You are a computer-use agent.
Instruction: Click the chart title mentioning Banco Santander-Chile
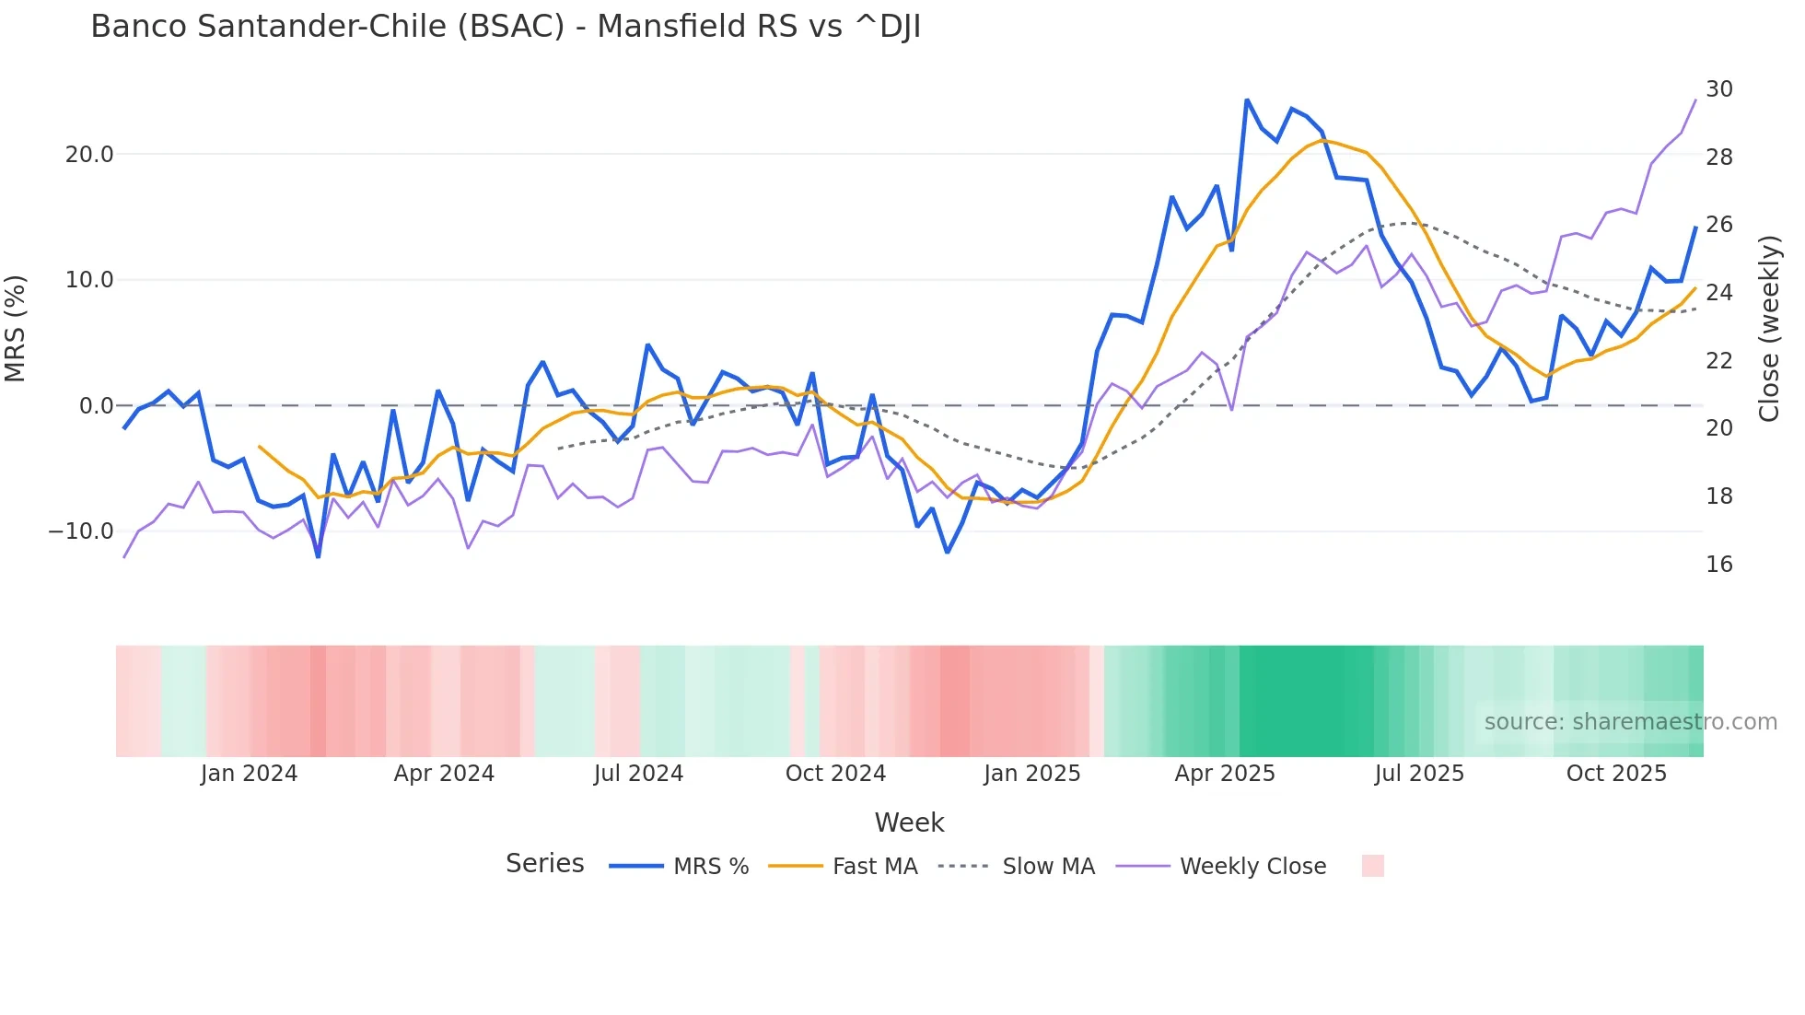tap(506, 27)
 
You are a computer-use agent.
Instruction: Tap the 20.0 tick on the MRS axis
tap(89, 155)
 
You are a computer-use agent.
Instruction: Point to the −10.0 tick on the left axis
tap(81, 531)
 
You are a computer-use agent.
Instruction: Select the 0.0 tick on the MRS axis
tap(96, 406)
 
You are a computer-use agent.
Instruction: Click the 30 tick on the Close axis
tap(1718, 89)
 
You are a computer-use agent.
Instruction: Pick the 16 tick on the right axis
tap(1718, 565)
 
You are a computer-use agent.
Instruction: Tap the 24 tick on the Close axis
tap(1718, 293)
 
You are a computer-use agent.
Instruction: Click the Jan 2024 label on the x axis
tap(249, 774)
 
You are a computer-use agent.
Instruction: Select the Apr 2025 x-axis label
tap(1224, 774)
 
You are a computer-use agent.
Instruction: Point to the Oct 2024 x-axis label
tap(835, 774)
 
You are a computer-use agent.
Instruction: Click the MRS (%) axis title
tap(16, 328)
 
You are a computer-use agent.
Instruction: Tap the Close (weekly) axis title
tap(1768, 329)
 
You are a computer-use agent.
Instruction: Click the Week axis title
tap(909, 822)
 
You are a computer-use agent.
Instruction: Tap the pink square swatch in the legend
tap(1372, 866)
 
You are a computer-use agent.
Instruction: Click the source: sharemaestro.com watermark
tap(1630, 722)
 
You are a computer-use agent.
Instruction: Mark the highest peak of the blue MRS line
tap(1247, 100)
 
